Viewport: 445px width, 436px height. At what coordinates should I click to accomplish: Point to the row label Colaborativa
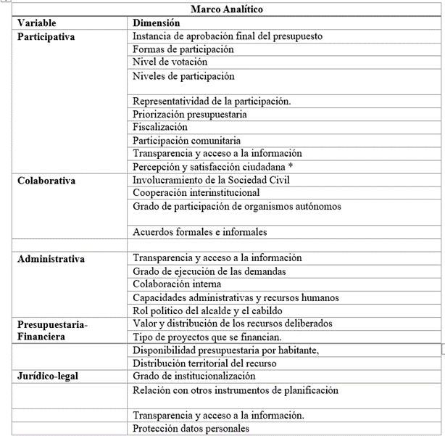point(46,180)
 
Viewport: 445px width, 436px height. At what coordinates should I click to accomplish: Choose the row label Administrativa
point(51,259)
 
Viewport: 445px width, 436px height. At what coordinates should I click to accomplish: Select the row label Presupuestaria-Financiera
point(52,331)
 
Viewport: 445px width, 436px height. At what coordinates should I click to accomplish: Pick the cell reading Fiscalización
point(160,127)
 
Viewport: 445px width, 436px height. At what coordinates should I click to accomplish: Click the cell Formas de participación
point(183,49)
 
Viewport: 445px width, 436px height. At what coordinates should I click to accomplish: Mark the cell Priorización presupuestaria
point(190,114)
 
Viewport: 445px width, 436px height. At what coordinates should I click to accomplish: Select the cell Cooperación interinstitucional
point(196,193)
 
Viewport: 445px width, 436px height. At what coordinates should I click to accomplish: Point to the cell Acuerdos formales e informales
point(200,232)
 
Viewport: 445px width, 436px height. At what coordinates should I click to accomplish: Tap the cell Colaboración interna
point(177,284)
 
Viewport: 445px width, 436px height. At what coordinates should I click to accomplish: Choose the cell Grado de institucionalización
point(194,377)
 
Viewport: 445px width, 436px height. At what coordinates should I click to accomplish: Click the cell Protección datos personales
point(191,429)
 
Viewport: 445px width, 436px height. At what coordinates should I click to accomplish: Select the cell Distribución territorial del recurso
point(206,363)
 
